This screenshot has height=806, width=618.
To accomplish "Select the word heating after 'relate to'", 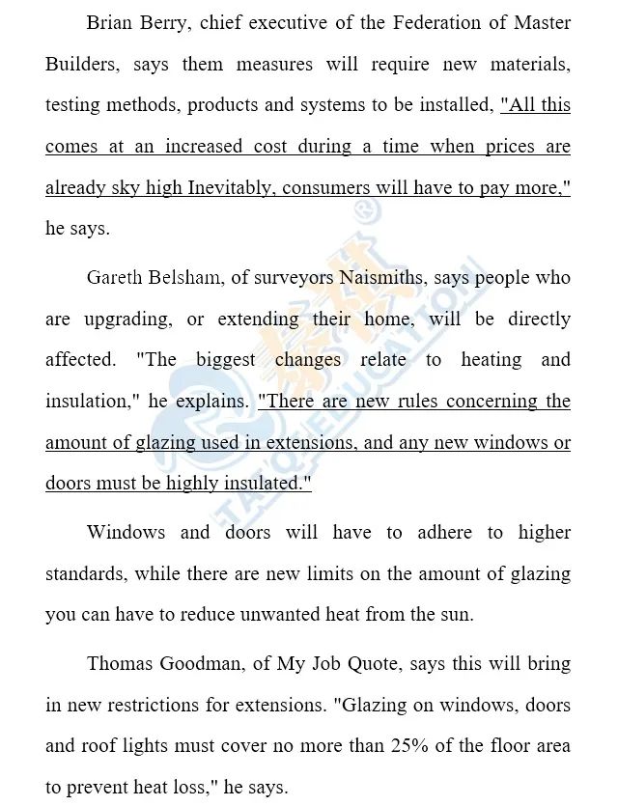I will click(491, 360).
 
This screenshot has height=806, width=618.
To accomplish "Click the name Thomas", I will click(120, 664).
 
